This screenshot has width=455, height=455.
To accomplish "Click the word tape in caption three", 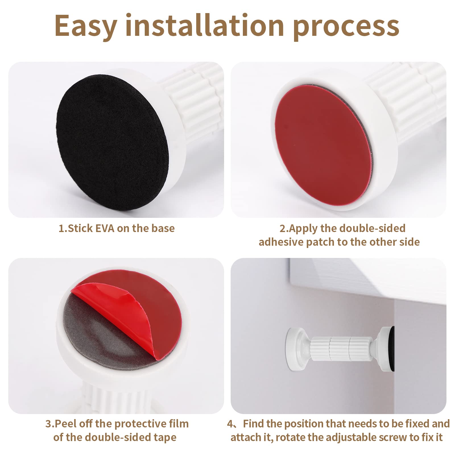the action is (165, 438).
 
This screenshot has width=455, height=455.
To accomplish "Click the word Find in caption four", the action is (253, 424).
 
